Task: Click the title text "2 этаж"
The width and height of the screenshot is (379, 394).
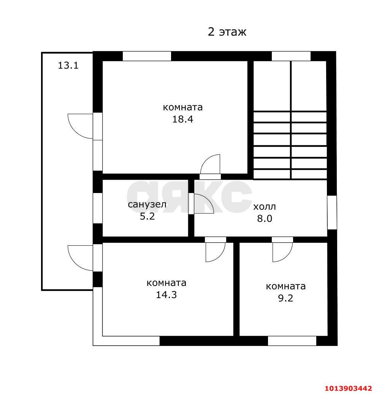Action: click(x=227, y=32)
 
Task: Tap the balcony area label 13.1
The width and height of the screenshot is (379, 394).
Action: click(x=68, y=65)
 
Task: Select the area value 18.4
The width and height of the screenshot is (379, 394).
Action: click(x=183, y=119)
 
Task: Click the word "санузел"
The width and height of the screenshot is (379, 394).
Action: click(x=147, y=205)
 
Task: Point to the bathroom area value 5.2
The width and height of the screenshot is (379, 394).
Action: click(x=147, y=217)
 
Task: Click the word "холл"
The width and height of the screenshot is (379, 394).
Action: click(x=265, y=207)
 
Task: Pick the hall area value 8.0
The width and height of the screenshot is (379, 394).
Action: click(x=265, y=218)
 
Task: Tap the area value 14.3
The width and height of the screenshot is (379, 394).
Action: click(x=167, y=295)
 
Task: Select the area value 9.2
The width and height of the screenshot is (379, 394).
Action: click(x=285, y=298)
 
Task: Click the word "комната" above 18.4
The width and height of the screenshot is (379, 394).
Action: click(x=183, y=107)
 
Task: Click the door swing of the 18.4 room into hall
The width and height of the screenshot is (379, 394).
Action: click(x=211, y=164)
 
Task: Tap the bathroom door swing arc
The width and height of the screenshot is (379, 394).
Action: click(x=203, y=204)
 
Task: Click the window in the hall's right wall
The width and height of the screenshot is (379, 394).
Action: click(x=332, y=212)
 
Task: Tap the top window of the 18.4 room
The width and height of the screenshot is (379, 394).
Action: click(x=147, y=56)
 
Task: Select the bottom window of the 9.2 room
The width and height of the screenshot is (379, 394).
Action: click(x=292, y=341)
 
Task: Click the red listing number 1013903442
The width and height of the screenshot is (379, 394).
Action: click(x=348, y=388)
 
